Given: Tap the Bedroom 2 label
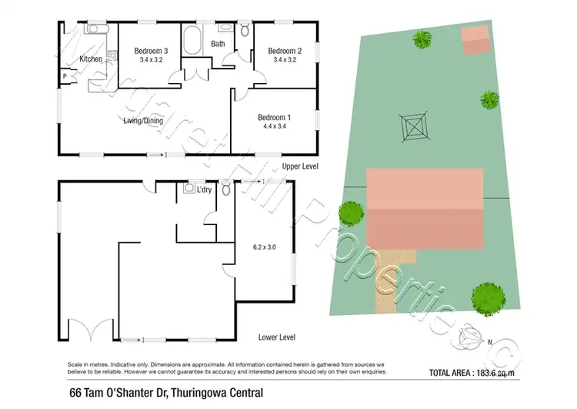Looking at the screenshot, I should (284, 52).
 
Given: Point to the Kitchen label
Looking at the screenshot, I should (91, 59).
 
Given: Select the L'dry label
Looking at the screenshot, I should (204, 189).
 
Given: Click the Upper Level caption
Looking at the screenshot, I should (300, 166).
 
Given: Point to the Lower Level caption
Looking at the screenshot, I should (278, 337).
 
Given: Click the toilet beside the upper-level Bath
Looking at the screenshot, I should (245, 32).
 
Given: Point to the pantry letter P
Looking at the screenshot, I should (65, 76).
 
